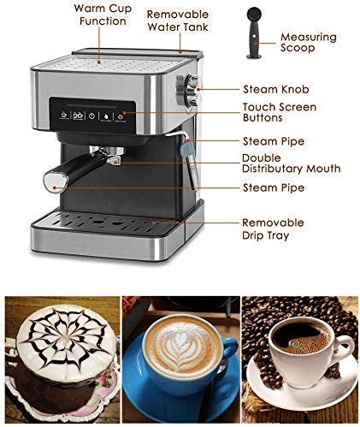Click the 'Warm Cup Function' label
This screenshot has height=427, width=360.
(x=101, y=14)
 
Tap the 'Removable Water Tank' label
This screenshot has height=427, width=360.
(x=177, y=21)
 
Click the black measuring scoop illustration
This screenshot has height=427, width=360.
(x=254, y=33)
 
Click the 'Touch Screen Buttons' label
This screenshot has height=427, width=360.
(x=279, y=113)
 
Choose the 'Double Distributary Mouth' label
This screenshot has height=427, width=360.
(x=291, y=163)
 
